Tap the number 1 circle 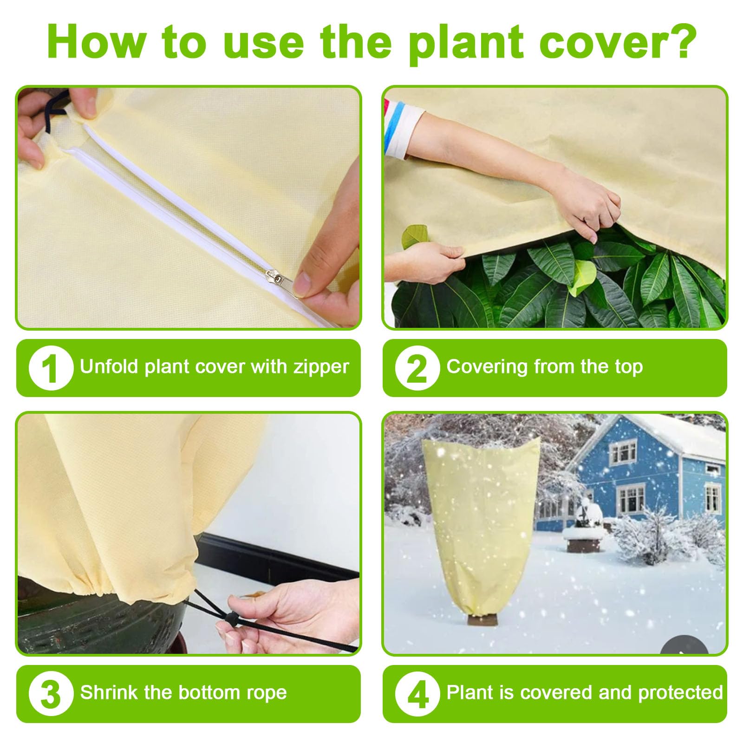[51, 368]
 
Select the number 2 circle [417, 368]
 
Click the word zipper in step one [320, 367]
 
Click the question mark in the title [681, 41]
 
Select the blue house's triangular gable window [623, 450]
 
